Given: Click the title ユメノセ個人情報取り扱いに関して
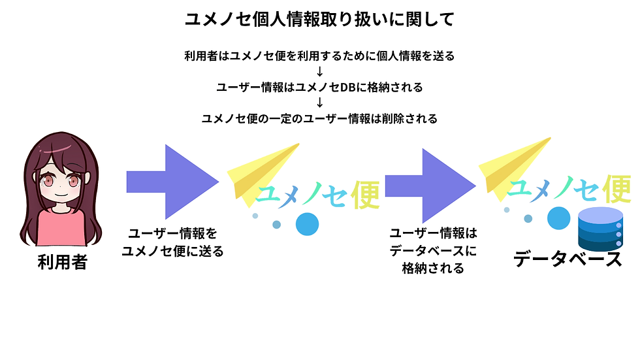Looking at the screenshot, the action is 319,19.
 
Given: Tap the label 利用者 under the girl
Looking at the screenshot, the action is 63,262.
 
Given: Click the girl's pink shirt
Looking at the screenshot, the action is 61,228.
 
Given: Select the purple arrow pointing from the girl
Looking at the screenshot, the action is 172,182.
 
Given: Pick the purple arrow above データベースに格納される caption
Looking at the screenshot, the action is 430,186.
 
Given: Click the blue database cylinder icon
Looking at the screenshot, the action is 600,229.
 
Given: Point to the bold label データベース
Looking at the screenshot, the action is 568,259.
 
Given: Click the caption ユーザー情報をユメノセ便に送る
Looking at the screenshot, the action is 172,242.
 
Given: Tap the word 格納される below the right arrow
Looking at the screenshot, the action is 433,268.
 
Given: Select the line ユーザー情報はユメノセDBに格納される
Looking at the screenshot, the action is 319,87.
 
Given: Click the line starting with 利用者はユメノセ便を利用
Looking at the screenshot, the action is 319,56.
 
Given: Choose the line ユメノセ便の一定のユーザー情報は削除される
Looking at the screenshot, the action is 319,118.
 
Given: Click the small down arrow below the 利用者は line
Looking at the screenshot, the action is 319,71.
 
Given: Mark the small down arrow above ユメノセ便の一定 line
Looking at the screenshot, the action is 319,102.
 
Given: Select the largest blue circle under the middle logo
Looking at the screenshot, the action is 307,224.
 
